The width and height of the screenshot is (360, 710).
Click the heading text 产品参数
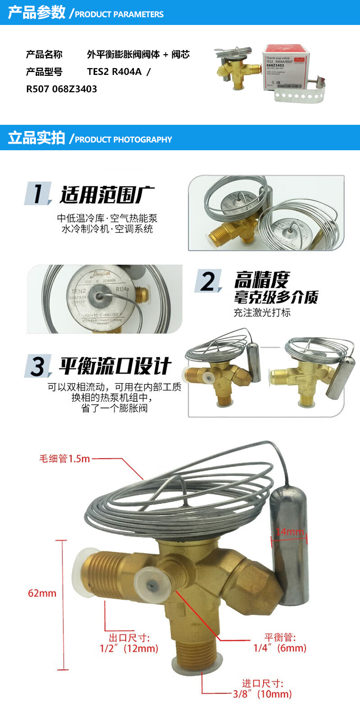[36, 13]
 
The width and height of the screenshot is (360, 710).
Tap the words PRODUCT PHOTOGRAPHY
[123, 140]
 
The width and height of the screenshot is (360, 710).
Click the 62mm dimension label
[42, 593]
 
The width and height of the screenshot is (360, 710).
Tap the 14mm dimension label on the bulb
[290, 532]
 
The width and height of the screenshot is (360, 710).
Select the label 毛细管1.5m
[65, 458]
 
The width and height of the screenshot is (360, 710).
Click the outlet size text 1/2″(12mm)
[129, 649]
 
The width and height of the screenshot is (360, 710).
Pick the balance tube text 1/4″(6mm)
[280, 648]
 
